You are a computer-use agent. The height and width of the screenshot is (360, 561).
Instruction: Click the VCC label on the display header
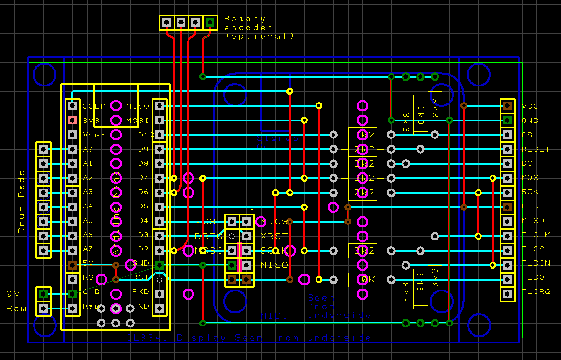click(x=530, y=106)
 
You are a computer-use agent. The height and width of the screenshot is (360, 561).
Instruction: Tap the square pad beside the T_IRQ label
click(x=508, y=293)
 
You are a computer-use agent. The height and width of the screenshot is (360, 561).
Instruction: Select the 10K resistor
click(x=362, y=279)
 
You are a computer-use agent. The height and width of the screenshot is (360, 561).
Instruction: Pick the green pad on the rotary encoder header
click(x=210, y=22)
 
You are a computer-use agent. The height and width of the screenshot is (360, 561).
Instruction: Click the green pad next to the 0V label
click(x=43, y=293)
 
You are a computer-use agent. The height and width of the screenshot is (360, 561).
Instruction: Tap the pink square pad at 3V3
click(x=72, y=120)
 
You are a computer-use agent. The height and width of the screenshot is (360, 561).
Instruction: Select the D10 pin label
click(x=145, y=135)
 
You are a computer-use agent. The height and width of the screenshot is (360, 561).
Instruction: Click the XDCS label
click(x=274, y=222)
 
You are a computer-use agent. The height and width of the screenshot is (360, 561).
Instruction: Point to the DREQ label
click(x=208, y=236)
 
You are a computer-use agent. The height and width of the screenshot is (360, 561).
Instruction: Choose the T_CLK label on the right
click(x=536, y=235)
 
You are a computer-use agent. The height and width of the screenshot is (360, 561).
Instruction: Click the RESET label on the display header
click(x=536, y=149)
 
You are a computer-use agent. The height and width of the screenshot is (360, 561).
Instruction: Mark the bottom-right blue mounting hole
click(x=478, y=325)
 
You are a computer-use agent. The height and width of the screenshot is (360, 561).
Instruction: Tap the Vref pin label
click(x=90, y=135)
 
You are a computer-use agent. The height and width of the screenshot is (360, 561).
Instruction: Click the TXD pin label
click(x=141, y=306)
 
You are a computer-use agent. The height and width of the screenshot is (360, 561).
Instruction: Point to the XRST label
click(x=274, y=236)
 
